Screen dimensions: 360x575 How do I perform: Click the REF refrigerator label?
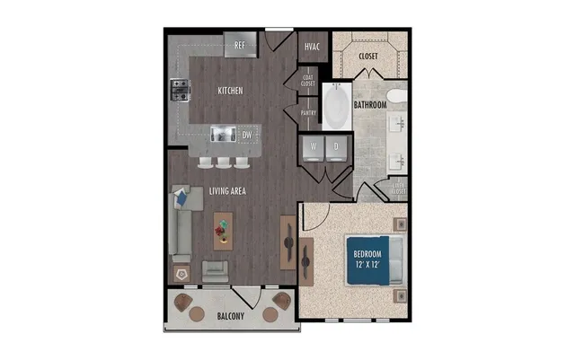pos(240,45)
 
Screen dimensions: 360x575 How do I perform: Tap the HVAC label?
pos(313,46)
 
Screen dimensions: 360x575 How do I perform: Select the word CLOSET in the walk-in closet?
pos(368,57)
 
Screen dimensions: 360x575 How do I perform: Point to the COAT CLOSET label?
pos(309,79)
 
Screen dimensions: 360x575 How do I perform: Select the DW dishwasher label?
pos(247,136)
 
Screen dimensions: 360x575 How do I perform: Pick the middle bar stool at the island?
pos(223,162)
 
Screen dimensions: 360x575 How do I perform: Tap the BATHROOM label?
pos(369,105)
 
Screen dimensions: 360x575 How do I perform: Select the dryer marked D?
pos(336,147)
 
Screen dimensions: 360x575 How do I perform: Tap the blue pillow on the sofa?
pos(181,195)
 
